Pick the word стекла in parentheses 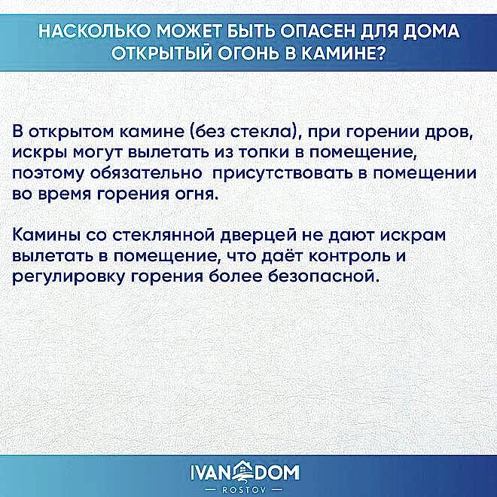tap(253, 133)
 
